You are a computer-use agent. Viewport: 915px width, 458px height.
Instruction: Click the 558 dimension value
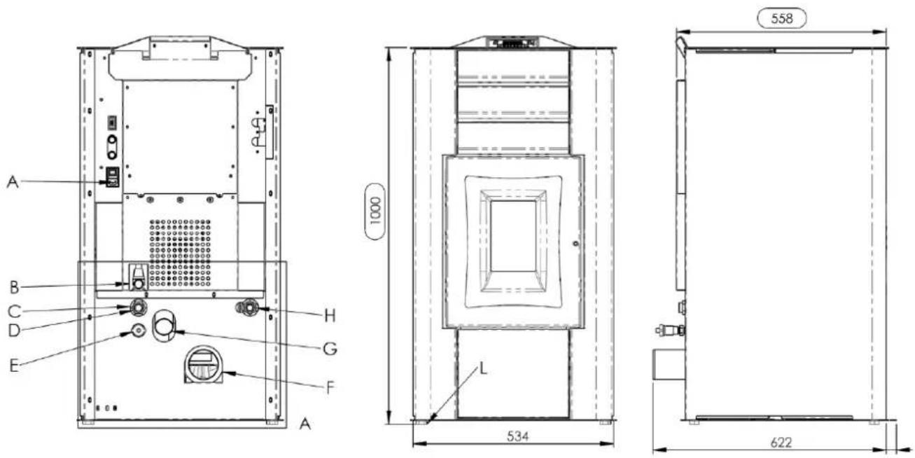tap(782, 19)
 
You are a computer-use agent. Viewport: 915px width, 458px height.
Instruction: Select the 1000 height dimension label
tap(375, 211)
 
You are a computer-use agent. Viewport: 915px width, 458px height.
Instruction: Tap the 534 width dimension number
tap(517, 436)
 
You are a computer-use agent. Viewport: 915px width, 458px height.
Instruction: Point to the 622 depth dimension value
tap(781, 443)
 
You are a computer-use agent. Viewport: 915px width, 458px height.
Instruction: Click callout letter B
tap(14, 287)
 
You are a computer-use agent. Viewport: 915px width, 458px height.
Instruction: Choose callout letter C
tap(14, 312)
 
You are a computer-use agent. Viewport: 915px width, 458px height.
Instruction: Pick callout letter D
tap(14, 330)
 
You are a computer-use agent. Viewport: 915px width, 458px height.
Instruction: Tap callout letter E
tap(14, 366)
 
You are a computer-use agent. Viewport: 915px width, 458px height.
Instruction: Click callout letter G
tap(330, 349)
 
